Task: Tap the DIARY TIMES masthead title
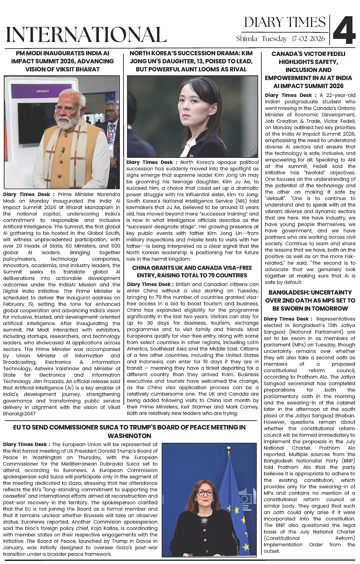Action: (x=285, y=22)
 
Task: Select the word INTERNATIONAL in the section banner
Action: (x=86, y=35)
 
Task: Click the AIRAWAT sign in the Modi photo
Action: (x=43, y=91)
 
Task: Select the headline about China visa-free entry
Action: (x=192, y=272)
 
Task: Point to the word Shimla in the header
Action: (x=247, y=39)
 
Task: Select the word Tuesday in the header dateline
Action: (x=274, y=39)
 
